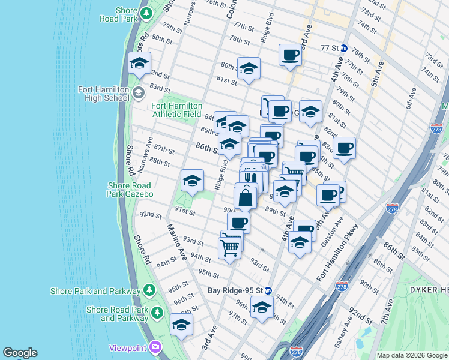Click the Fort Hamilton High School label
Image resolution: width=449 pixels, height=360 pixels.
pos(103,94)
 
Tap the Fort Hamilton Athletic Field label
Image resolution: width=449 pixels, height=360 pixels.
pos(176,110)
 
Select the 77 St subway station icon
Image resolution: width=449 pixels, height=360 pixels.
pos(344,48)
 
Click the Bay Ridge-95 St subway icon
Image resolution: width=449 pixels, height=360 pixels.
pos(268,290)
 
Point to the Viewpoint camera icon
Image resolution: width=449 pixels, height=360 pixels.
pos(156,347)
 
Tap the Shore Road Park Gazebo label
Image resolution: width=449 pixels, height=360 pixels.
pos(131,190)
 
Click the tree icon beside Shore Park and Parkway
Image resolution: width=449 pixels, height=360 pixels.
pos(149,291)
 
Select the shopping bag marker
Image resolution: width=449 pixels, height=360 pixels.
pos(246,197)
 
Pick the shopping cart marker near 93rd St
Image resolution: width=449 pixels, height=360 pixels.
pos(231,247)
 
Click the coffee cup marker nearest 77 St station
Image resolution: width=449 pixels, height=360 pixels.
pos(290,55)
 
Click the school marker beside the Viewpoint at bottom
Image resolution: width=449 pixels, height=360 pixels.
pos(181,324)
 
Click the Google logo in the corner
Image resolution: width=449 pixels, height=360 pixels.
pos(20,353)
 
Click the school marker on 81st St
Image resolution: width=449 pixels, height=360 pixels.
pos(248,69)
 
